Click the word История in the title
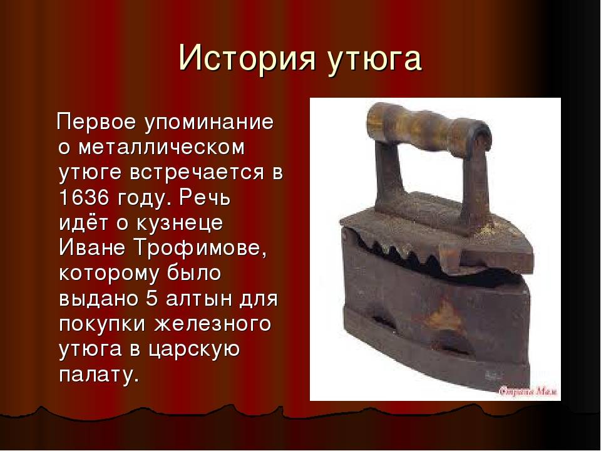[x=247, y=58]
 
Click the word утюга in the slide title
[x=374, y=60]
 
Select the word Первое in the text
[x=96, y=122]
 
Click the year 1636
[x=84, y=197]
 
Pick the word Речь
[x=205, y=197]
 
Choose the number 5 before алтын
[x=152, y=299]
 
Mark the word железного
[x=213, y=324]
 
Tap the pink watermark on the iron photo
[x=529, y=391]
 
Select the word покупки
[x=102, y=324]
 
